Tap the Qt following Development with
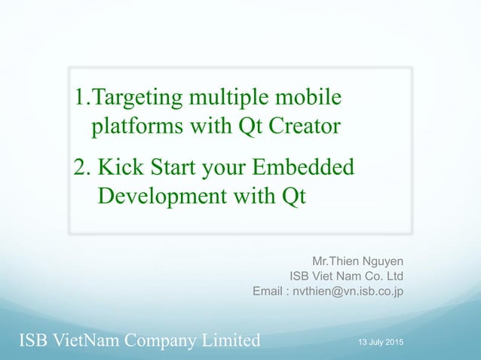293,195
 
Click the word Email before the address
268,291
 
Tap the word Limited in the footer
227,341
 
